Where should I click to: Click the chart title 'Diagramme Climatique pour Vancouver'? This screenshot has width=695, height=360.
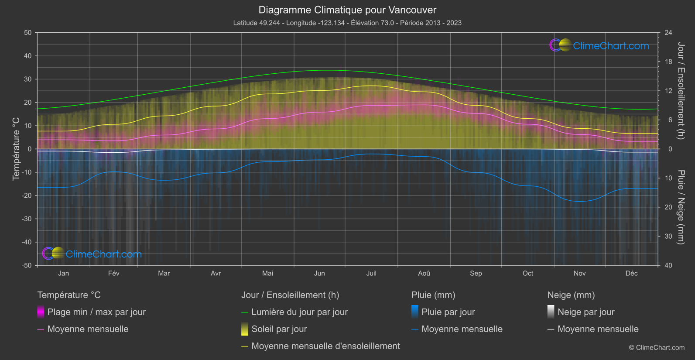tap(347, 10)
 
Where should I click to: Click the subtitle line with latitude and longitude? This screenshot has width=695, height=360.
tap(347, 23)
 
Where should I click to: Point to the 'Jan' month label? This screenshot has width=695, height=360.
tap(64, 273)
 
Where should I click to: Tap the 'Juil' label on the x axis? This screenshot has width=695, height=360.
tap(371, 273)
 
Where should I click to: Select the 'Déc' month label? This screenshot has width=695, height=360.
tap(631, 273)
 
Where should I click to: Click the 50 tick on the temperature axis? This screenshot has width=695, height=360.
tap(28, 33)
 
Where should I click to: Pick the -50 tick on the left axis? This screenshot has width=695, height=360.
tap(27, 265)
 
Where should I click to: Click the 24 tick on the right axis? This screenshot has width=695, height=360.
tap(668, 33)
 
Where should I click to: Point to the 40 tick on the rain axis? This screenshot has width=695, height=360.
tap(668, 265)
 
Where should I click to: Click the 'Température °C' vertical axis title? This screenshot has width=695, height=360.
tap(16, 149)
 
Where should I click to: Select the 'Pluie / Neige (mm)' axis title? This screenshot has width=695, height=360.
tap(681, 207)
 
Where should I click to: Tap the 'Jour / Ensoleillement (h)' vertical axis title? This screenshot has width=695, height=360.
tap(681, 91)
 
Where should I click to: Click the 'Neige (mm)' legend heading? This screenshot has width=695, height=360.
tap(571, 295)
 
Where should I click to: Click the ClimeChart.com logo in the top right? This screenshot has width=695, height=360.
tap(599, 45)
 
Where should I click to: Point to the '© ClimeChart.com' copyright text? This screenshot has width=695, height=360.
tap(657, 348)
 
